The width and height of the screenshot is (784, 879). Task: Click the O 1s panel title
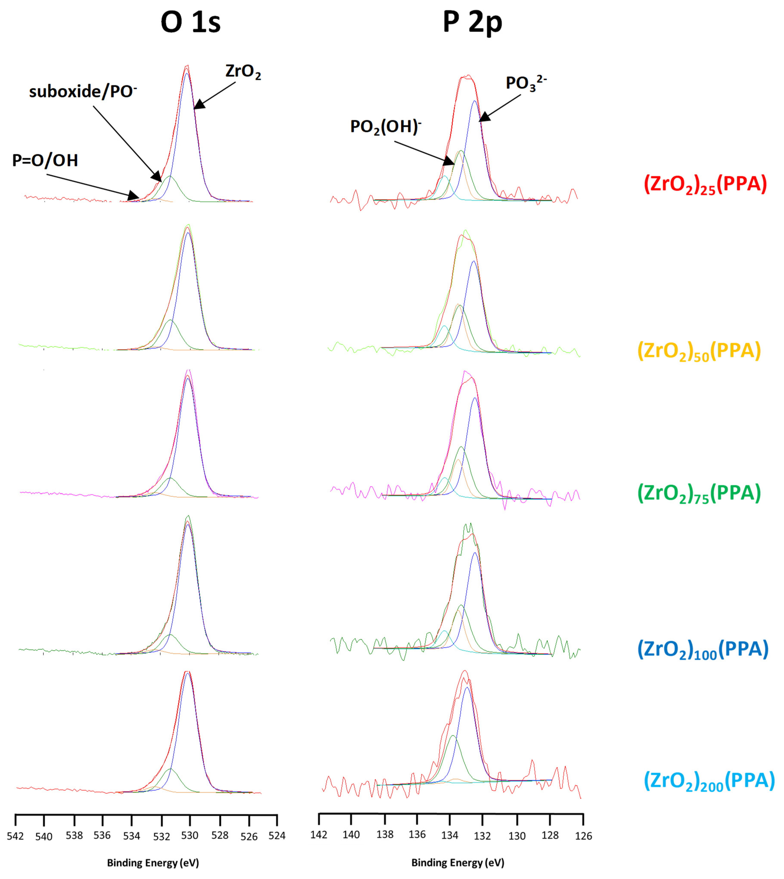point(190,22)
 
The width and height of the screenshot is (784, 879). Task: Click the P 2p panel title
point(473,22)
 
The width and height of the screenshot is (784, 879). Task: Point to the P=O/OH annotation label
point(45,160)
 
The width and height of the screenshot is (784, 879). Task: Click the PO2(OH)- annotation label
point(386,127)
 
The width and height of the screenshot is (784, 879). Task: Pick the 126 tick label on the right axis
point(584,836)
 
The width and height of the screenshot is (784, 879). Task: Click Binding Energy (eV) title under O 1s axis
point(153,863)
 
